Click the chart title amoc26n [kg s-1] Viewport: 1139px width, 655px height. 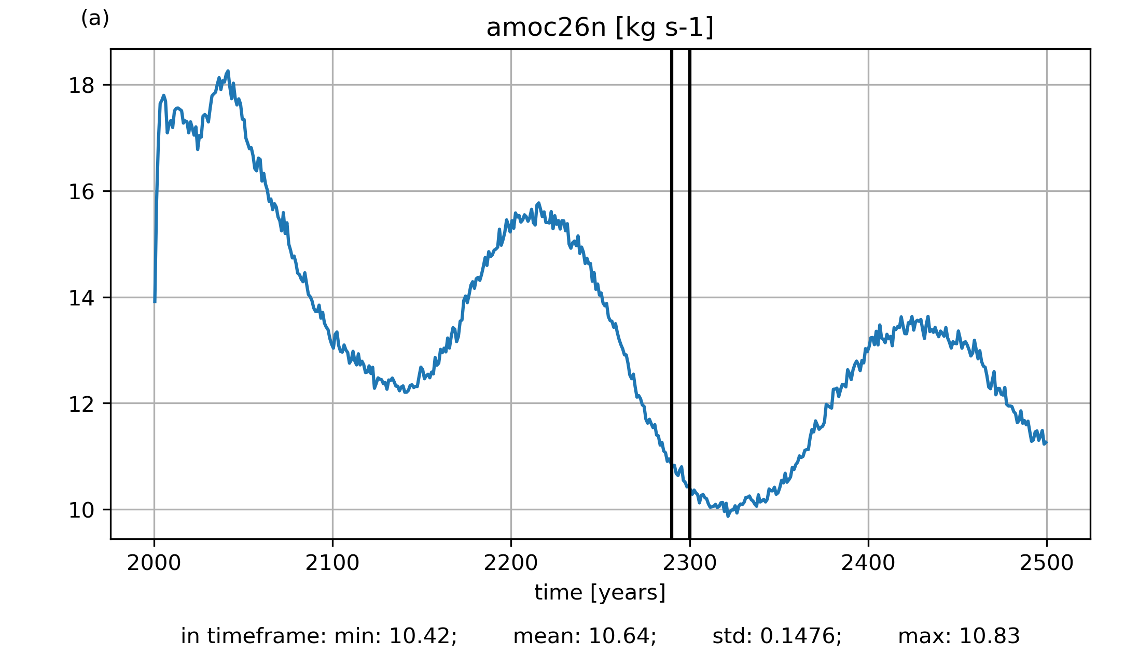point(600,28)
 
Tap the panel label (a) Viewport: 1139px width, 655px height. point(95,19)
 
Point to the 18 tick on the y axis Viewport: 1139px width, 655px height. point(82,86)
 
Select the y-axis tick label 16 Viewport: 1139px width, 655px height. point(82,192)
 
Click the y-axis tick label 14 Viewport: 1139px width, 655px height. point(82,298)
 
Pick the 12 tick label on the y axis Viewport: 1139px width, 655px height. point(82,404)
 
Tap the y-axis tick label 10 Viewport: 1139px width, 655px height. point(82,510)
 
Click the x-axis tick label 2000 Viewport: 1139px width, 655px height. point(154,563)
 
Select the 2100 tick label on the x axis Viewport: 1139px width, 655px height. point(332,563)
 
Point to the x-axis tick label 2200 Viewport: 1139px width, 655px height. point(511,563)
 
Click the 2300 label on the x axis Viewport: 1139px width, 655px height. point(690,563)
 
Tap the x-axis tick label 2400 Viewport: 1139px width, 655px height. point(868,563)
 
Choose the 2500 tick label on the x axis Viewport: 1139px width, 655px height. point(1047,563)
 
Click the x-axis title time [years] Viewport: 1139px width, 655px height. point(600,592)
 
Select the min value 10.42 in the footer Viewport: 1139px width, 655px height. point(422,636)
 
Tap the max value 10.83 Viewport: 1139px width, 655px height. point(990,636)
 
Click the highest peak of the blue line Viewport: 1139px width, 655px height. point(228,72)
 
